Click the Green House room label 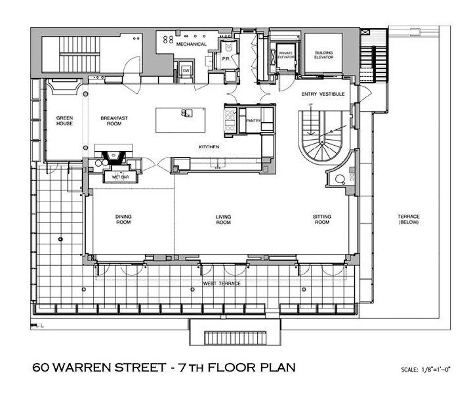point(64,121)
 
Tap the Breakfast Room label point(112,121)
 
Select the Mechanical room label point(191,44)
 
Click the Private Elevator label point(285,54)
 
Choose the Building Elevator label point(323,54)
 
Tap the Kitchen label point(209,147)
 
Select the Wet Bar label point(119,177)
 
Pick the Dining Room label point(123,219)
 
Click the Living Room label point(224,219)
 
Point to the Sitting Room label point(321,219)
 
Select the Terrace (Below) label point(408,219)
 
